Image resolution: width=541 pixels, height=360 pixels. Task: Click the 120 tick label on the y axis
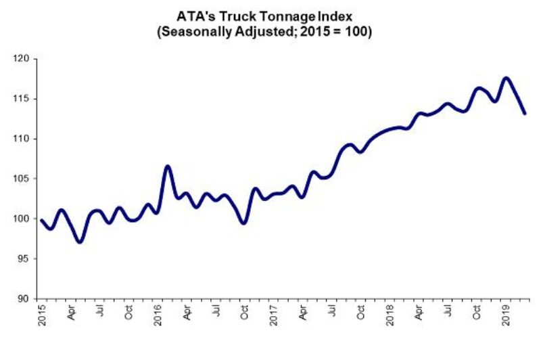pyautogui.click(x=22, y=59)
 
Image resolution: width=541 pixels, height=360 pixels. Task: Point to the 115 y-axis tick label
pyautogui.click(x=22, y=99)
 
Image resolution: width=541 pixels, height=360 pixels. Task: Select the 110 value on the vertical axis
pyautogui.click(x=22, y=139)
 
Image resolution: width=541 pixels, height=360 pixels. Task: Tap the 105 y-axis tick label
pyautogui.click(x=22, y=179)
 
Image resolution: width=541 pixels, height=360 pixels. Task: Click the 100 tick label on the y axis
pyautogui.click(x=22, y=219)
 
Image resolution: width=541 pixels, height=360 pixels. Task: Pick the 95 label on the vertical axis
pyautogui.click(x=24, y=258)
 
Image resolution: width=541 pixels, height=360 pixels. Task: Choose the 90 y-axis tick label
pyautogui.click(x=24, y=298)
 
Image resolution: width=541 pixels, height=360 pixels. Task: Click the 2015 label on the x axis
pyautogui.click(x=40, y=317)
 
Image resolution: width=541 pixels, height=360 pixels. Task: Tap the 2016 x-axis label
pyautogui.click(x=157, y=317)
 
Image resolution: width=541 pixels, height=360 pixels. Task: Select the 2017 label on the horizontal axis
pyautogui.click(x=274, y=317)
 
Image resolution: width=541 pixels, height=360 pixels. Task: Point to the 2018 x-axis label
pyautogui.click(x=390, y=317)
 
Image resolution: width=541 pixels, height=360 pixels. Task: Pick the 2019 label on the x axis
pyautogui.click(x=507, y=317)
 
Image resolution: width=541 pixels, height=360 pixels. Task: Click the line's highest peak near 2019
pyautogui.click(x=506, y=78)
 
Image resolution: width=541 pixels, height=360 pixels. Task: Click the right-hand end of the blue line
pyautogui.click(x=525, y=113)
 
